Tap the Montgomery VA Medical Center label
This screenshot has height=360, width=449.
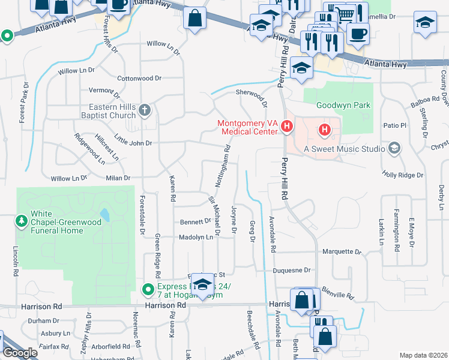[249, 127]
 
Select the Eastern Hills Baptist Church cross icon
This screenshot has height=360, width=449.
[145, 110]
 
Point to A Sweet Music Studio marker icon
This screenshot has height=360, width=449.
[394, 148]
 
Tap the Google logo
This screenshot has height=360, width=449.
[19, 353]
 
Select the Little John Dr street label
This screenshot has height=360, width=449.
[133, 140]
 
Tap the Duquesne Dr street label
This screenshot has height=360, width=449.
[291, 271]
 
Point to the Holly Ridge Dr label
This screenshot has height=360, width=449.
[403, 175]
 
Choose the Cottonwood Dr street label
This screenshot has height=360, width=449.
[139, 78]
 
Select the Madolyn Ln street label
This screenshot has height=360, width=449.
[196, 238]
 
